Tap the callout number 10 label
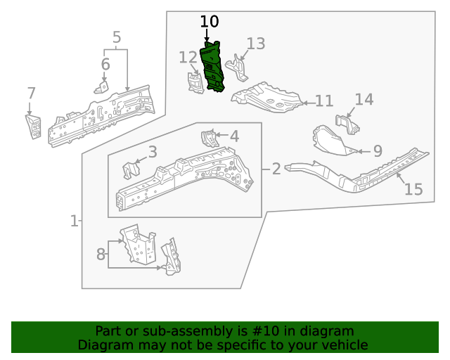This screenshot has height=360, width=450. pos(209,22)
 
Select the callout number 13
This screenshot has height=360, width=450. pos(255,44)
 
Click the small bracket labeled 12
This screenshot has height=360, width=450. pos(194,82)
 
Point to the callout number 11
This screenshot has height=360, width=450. pos(323,101)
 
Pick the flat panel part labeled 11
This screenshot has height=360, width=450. pos(269,97)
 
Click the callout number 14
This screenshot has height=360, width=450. pos(364,99)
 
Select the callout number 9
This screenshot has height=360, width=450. pos(377,150)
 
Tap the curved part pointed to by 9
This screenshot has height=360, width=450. pos(330,138)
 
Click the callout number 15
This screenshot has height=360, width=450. pos(413,189)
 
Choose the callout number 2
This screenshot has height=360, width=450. pos(276,169)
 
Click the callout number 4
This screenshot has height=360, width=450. pos(234,136)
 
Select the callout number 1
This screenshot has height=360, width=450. pos(74,221)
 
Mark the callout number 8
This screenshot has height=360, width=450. pos(101,253)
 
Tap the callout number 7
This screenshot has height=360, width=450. pos(31,94)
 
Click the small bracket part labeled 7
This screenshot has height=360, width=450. pos(34,127)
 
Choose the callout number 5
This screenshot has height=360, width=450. pos(117,37)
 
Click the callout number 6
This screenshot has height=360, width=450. pos(105,65)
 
